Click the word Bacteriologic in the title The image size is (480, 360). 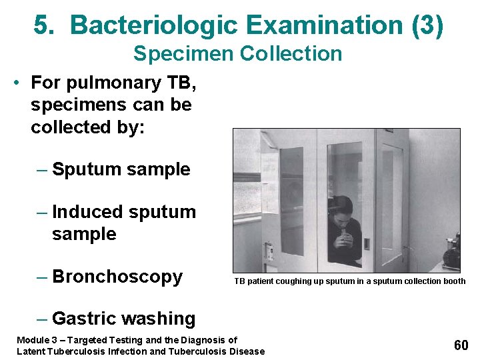click(154, 25)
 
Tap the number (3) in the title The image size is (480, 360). click(427, 25)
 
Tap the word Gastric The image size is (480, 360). click(86, 319)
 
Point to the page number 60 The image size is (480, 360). click(461, 345)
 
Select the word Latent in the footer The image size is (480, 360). click(31, 351)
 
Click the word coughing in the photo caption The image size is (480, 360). click(292, 281)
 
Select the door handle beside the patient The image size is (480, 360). click(367, 243)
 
